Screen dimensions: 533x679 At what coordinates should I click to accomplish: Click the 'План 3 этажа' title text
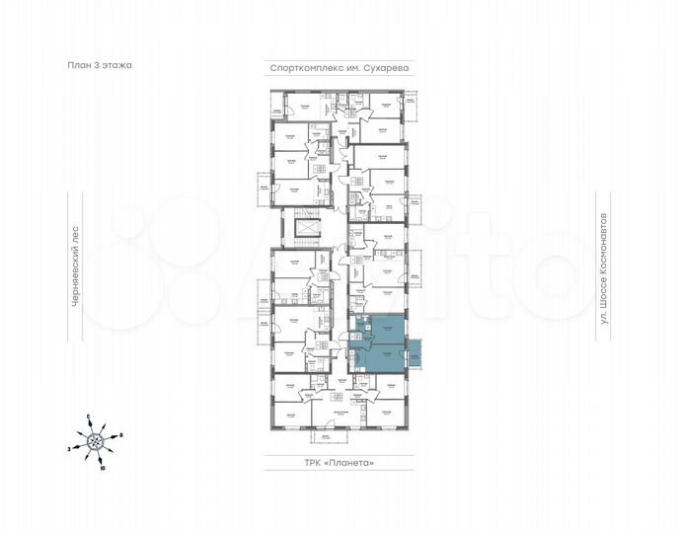point(96,65)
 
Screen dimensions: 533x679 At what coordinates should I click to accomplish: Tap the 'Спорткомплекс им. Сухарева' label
point(339,68)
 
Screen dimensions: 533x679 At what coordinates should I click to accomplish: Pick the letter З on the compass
point(69,449)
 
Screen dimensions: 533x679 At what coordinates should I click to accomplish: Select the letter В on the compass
point(120,435)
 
